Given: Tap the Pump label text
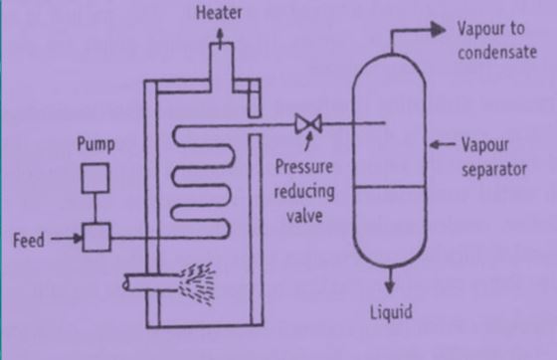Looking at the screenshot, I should click(x=95, y=145).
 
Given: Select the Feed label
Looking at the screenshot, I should click(x=30, y=240).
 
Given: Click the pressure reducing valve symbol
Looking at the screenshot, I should click(x=305, y=123).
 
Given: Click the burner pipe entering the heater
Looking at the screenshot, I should click(x=144, y=283).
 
